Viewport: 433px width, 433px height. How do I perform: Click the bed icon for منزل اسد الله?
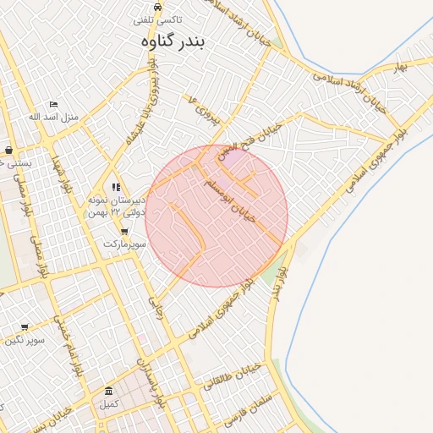[54, 104]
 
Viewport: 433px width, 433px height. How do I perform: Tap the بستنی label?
[15, 162]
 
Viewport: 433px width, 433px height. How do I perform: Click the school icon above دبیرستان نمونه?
[116, 187]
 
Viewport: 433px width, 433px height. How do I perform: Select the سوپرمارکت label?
[124, 244]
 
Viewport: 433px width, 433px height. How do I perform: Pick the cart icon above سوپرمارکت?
[124, 231]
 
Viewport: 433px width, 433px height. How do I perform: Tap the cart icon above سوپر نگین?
[25, 326]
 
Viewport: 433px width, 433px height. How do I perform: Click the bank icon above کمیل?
[108, 391]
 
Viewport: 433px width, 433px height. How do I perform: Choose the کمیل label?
[108, 403]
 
